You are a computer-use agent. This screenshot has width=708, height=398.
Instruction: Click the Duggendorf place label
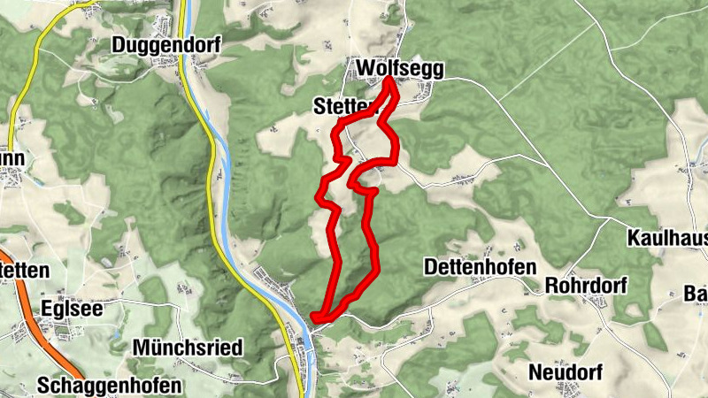(165, 43)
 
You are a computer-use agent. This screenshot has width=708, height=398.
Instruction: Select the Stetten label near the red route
(340, 106)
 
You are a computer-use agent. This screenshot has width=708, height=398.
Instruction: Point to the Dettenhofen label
(480, 266)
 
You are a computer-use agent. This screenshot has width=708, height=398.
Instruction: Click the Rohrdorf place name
(586, 287)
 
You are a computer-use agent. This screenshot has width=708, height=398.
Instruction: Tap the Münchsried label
(187, 348)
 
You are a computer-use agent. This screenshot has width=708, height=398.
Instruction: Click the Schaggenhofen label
(110, 386)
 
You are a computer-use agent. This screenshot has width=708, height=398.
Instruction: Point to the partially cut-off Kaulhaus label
(667, 238)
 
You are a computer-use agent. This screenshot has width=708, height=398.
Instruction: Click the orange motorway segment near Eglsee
(53, 341)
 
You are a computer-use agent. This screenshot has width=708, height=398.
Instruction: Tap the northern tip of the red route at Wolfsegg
(389, 81)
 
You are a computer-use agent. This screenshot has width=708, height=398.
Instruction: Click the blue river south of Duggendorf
(222, 159)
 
